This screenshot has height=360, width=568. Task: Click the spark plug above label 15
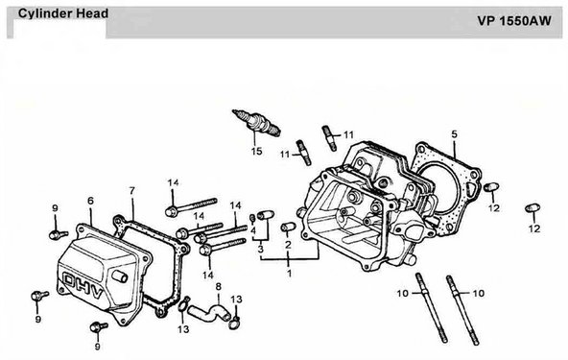(256, 123)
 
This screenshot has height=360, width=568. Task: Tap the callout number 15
(256, 151)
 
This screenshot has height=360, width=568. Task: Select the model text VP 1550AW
(514, 21)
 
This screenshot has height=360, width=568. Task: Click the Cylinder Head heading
(63, 13)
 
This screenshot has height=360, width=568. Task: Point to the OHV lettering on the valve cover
(83, 284)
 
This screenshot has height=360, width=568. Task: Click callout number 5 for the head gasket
(454, 134)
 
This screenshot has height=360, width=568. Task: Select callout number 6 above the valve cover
(90, 201)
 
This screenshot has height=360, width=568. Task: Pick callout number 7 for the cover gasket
(131, 191)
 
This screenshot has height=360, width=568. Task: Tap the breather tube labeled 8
(208, 312)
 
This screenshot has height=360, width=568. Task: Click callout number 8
(218, 287)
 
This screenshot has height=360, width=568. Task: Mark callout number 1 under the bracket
(289, 273)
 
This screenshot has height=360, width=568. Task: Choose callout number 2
(288, 245)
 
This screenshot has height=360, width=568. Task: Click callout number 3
(260, 250)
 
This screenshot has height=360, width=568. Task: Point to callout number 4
(253, 230)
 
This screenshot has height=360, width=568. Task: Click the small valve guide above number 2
(289, 227)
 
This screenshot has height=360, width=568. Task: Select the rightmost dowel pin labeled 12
(532, 208)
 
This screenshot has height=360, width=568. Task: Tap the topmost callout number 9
(55, 208)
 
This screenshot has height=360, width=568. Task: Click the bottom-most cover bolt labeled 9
(99, 326)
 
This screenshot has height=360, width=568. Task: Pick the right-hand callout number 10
(479, 293)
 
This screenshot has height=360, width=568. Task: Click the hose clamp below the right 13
(235, 323)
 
